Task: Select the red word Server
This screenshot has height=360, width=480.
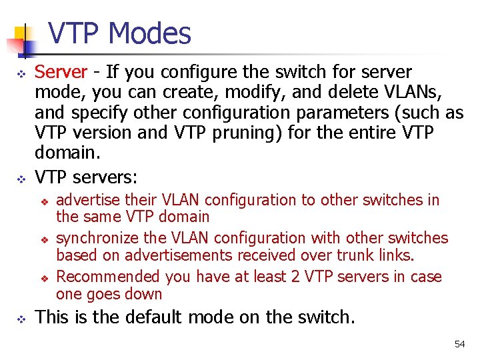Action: click(x=61, y=72)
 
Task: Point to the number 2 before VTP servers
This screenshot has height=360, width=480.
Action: click(x=296, y=277)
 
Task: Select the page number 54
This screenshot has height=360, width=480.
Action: click(x=459, y=344)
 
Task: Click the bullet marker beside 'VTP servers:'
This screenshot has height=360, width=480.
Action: click(x=21, y=178)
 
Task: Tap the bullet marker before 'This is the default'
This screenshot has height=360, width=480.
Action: click(x=21, y=318)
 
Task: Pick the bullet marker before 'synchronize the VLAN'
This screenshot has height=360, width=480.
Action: click(x=44, y=239)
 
